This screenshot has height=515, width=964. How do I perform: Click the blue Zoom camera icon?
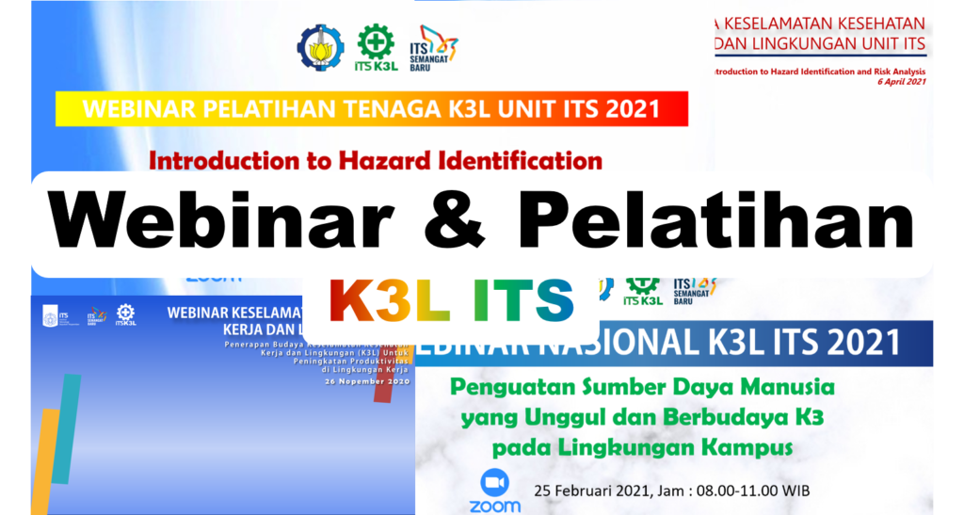click(x=494, y=483)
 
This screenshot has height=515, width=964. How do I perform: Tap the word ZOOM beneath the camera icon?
click(x=494, y=507)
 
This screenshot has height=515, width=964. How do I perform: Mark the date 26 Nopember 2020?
click(x=368, y=383)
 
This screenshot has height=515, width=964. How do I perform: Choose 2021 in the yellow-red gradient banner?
click(x=639, y=109)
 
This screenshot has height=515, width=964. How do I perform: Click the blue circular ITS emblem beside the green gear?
click(x=321, y=45)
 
